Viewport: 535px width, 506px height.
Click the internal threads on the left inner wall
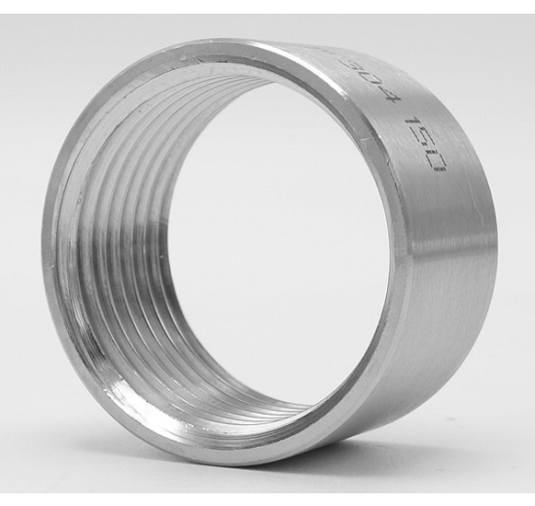tap(117, 234)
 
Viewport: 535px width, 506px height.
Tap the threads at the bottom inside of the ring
tap(224, 409)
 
